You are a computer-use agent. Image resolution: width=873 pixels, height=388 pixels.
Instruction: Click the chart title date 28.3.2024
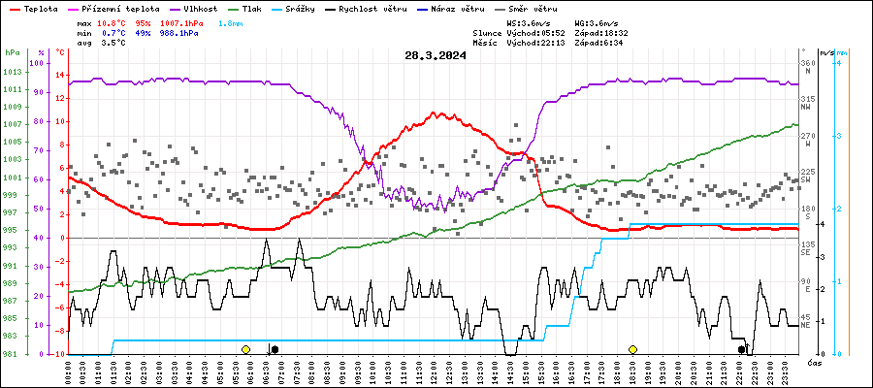point(436,55)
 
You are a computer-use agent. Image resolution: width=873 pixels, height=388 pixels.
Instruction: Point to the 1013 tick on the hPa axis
point(14,73)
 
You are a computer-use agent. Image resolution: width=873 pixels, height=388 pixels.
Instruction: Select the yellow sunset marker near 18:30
point(632,349)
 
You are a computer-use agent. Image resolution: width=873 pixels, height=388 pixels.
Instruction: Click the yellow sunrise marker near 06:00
point(246,349)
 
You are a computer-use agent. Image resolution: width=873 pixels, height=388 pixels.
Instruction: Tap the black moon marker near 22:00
point(742,349)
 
